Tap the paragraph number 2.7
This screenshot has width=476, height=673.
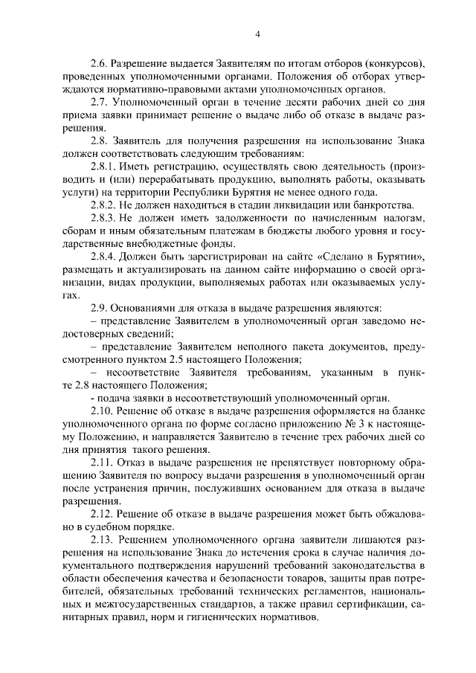pos(99,103)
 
